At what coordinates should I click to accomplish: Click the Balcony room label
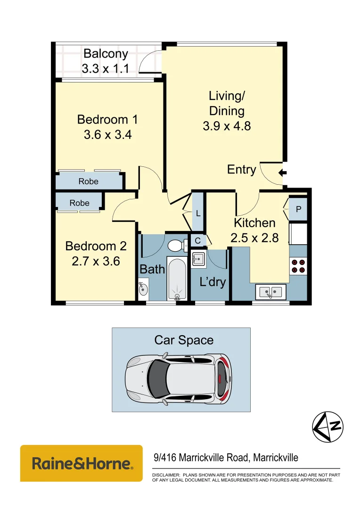tap(106, 54)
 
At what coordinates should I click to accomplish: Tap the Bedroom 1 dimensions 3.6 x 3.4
tap(107, 135)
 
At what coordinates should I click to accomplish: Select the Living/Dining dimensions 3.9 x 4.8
tap(227, 126)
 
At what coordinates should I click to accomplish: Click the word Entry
tap(241, 170)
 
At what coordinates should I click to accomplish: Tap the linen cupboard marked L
tap(198, 213)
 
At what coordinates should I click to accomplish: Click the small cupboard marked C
tap(197, 241)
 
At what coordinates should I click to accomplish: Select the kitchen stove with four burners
tap(298, 266)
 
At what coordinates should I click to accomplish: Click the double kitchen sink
tap(270, 292)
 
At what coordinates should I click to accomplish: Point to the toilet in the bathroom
tap(176, 245)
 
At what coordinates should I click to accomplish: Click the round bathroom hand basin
tap(143, 288)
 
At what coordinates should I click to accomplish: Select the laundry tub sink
tap(198, 259)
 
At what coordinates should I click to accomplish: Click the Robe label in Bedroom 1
tap(88, 181)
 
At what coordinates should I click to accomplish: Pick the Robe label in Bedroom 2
tap(79, 203)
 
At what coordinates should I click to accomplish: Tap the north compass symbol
tap(328, 427)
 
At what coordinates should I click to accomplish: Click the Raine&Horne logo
tap(82, 463)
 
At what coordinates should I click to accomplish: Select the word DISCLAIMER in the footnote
tap(165, 475)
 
